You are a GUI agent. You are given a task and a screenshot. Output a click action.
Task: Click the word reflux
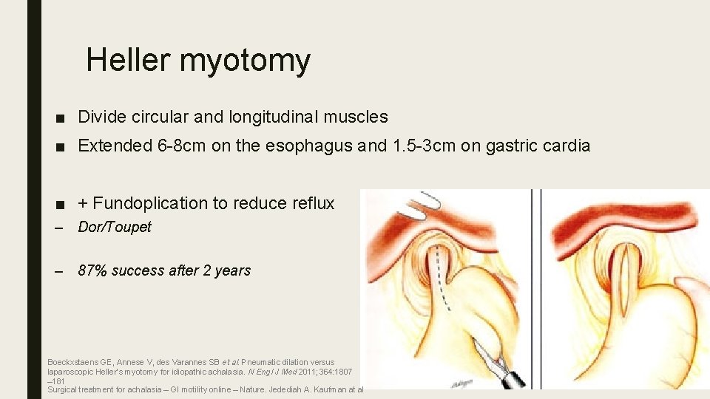click(x=314, y=203)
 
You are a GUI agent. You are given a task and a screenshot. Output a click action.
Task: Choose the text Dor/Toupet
click(x=115, y=228)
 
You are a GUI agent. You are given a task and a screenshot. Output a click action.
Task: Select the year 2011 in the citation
click(x=274, y=372)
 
